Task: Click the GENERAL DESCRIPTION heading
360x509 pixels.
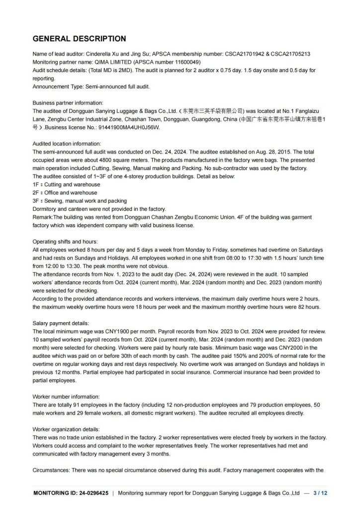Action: tap(79, 39)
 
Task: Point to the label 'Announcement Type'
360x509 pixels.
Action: tap(55, 86)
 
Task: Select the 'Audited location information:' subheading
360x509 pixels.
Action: tap(67, 143)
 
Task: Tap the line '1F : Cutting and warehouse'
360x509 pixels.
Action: tap(66, 184)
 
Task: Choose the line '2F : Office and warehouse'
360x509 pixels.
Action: tap(65, 192)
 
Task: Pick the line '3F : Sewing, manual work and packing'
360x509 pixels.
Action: tap(80, 200)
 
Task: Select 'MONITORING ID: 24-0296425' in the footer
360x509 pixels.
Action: tap(71, 493)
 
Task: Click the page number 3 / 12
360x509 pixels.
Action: tap(320, 493)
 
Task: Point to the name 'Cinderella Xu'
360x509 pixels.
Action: tap(102, 54)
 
